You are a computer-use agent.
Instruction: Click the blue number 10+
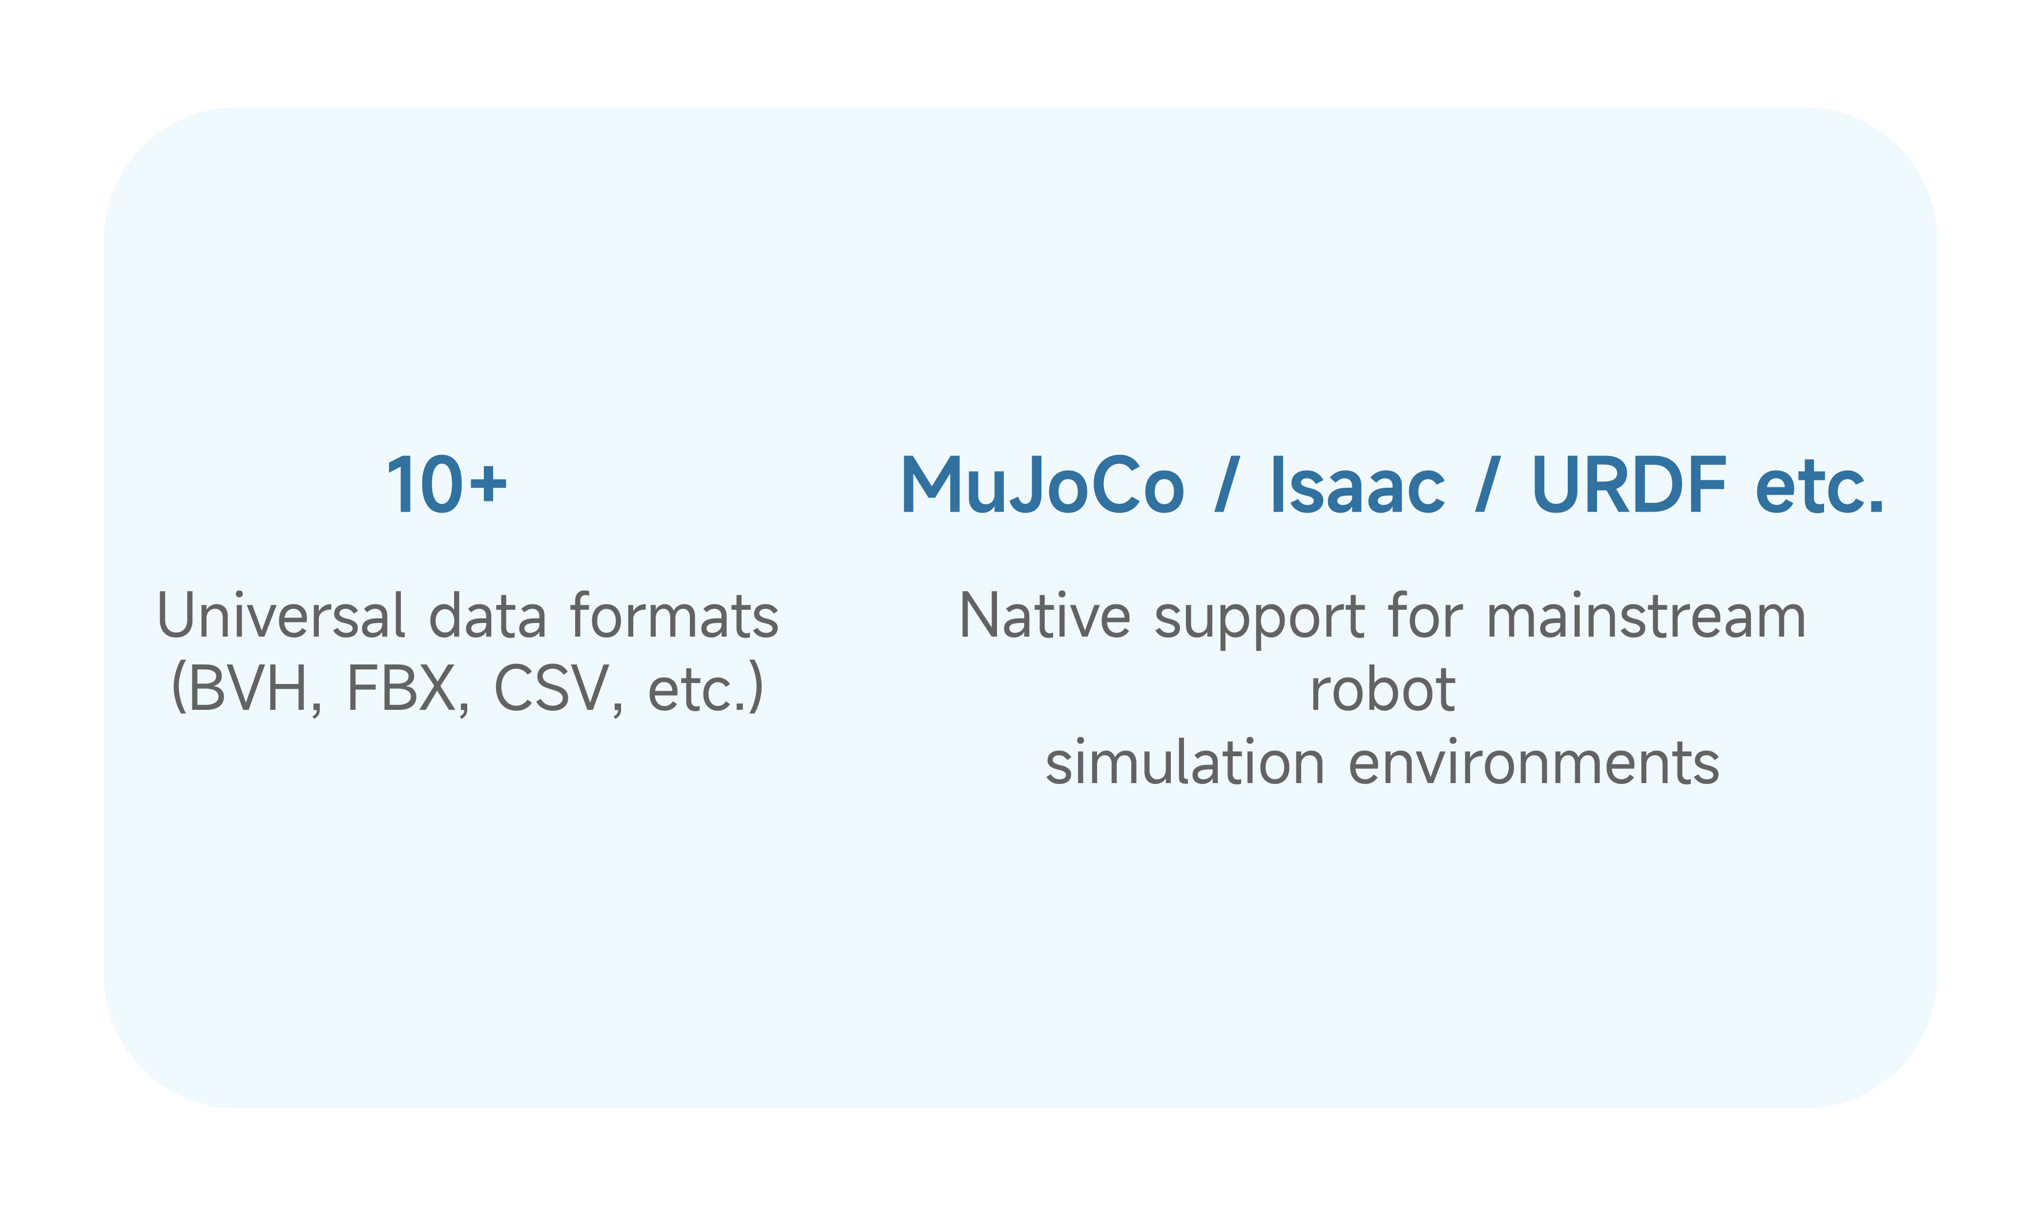pos(447,485)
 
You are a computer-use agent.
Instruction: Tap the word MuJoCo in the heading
pos(1042,485)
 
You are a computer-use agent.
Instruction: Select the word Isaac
pos(1358,485)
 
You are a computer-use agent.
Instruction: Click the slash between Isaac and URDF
pos(1487,485)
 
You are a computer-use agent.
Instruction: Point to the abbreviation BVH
pos(247,689)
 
